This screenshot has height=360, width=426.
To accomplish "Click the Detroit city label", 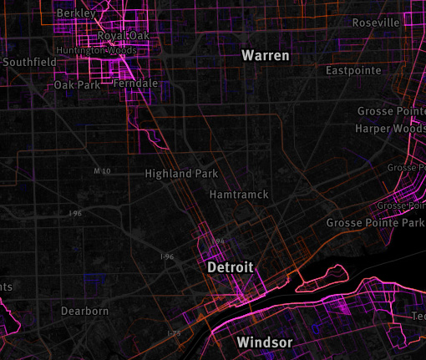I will point(230,267).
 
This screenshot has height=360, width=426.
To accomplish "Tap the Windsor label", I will point(264,342).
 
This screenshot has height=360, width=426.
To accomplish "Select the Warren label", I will point(266,56).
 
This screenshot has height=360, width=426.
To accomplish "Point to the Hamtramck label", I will point(239,194).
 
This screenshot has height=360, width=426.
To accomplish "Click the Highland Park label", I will point(181,174).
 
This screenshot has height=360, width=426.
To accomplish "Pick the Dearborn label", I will point(84,311).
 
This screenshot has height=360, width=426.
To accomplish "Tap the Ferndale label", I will point(134,84).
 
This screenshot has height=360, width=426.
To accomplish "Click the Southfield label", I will point(29,62).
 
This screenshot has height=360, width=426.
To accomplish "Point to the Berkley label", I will point(74,13).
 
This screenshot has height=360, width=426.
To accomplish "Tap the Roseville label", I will point(376,23).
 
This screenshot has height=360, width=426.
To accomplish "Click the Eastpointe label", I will point(353,70).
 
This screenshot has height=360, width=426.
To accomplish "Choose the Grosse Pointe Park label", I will point(375,223).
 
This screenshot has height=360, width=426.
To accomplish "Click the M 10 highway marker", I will point(102,171).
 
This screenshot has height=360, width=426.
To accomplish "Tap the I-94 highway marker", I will point(218,241).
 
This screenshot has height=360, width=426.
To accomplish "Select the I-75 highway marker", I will point(174,333).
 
